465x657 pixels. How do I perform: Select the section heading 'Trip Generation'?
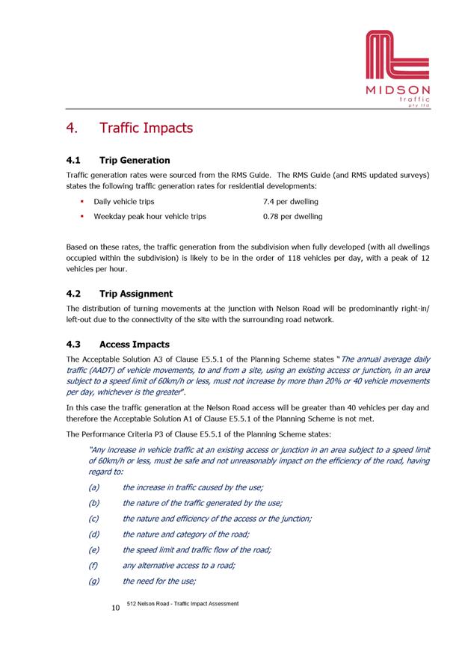coord(135,160)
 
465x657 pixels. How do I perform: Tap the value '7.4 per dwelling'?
coord(290,202)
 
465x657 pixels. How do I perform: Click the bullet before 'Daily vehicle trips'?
coord(81,202)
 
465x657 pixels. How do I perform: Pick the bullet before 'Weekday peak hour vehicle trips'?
coord(81,217)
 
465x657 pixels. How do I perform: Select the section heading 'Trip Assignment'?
coord(135,294)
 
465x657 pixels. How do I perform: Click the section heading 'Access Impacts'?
coord(135,345)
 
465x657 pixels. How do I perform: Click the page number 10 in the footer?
coord(115,609)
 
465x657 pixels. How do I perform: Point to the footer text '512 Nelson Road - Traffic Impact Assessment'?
coord(183,603)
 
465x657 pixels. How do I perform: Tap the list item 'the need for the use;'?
coord(159,582)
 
